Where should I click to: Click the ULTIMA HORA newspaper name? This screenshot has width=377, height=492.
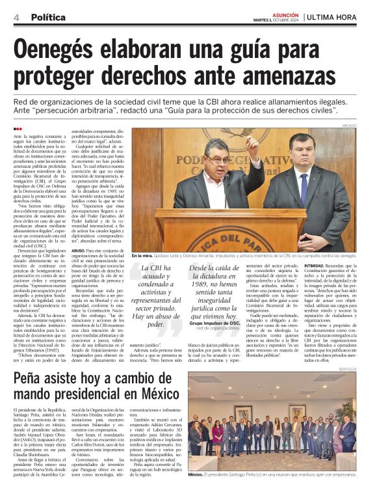(338, 16)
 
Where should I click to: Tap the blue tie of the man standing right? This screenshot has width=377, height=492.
(303, 188)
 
